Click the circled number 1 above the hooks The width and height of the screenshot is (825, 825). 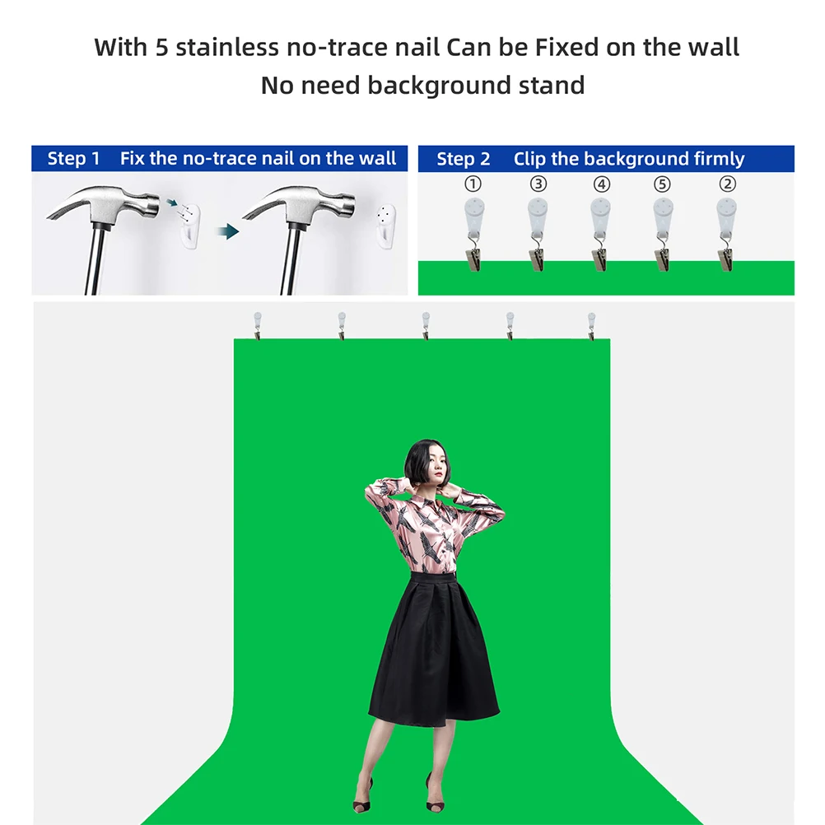[x=473, y=184]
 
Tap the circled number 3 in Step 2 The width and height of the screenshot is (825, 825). [x=538, y=184]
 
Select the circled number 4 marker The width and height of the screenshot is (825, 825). [x=601, y=184]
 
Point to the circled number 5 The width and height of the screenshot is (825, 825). [x=663, y=184]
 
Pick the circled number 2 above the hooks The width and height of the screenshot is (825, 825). [x=728, y=184]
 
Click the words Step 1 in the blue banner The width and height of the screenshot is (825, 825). [x=73, y=158]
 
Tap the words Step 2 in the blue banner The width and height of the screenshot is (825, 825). [x=463, y=158]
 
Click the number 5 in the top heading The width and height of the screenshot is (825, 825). [x=161, y=48]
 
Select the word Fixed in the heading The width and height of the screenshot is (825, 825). [x=567, y=48]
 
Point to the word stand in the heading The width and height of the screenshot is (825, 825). [x=552, y=86]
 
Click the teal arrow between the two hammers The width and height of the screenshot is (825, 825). [x=228, y=231]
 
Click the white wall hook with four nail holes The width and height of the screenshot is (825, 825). [x=386, y=226]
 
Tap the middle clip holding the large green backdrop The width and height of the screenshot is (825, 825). [x=426, y=326]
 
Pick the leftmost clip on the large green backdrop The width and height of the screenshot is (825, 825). [x=257, y=326]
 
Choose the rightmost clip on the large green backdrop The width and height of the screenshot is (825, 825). [x=591, y=326]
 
